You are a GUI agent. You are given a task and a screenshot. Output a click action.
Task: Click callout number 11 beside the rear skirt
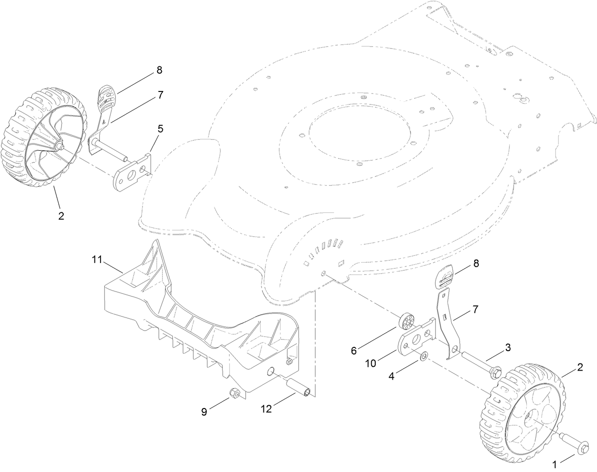click(x=97, y=259)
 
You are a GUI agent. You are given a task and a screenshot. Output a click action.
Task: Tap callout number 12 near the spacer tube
click(x=268, y=409)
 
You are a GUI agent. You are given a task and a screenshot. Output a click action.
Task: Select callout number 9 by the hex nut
click(x=204, y=412)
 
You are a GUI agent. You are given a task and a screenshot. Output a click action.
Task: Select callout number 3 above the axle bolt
click(x=507, y=347)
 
